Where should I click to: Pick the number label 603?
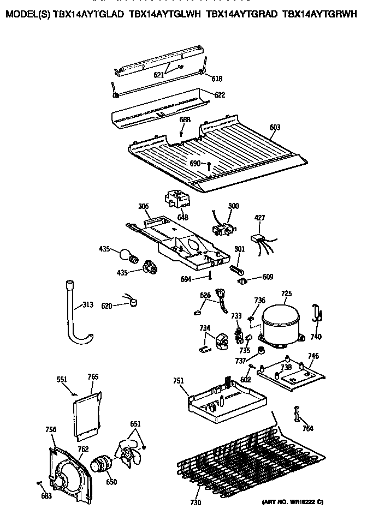point(275,127)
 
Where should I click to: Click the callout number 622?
point(219,95)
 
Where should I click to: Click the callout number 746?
point(313,356)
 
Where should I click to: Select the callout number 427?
point(260,218)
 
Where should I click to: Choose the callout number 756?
point(51,430)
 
